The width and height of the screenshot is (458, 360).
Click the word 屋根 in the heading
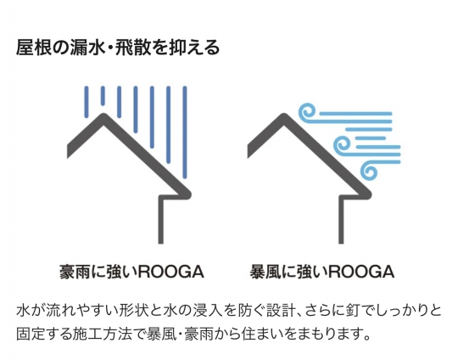34,48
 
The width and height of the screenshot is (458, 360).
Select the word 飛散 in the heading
133,48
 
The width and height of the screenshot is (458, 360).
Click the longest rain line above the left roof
185,132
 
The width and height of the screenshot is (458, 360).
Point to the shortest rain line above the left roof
103,96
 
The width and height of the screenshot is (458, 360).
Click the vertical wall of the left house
161,219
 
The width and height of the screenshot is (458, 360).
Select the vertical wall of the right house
341,219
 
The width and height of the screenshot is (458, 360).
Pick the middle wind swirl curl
342,145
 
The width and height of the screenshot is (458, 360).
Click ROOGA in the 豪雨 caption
170,273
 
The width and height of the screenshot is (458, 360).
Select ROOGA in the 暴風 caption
361,273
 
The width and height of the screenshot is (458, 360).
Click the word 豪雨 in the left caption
75,273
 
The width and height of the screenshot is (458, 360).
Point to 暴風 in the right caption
265,273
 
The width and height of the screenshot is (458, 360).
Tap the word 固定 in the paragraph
30,334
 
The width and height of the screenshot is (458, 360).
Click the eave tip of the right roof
370,194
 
